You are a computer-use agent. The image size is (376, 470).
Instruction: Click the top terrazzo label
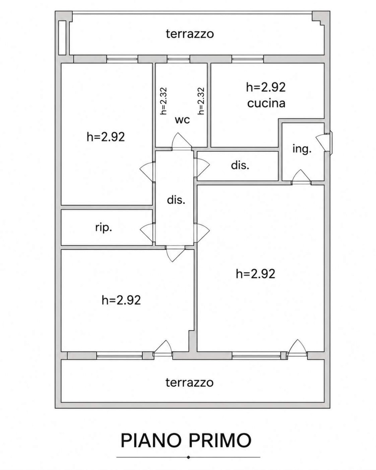(x=189, y=34)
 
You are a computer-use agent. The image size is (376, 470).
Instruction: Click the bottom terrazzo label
(x=189, y=382)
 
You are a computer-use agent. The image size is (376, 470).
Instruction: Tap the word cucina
(x=266, y=103)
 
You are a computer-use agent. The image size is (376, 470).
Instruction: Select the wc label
(x=182, y=120)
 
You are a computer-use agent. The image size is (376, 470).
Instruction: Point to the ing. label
(x=302, y=149)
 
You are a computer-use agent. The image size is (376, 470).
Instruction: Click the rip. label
(x=104, y=228)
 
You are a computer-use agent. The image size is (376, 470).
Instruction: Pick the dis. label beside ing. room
(x=240, y=165)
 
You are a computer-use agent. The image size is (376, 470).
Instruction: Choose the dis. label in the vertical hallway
(x=176, y=200)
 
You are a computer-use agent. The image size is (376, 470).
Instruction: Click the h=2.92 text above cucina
(x=266, y=87)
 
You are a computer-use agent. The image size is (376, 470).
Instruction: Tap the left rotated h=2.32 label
(x=163, y=101)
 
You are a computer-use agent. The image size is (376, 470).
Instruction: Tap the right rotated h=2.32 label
(x=201, y=101)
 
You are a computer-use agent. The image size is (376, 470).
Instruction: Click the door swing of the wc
(x=182, y=141)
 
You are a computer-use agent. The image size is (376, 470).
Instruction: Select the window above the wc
(x=178, y=59)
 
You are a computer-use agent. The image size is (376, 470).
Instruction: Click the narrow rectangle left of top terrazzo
(x=62, y=37)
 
